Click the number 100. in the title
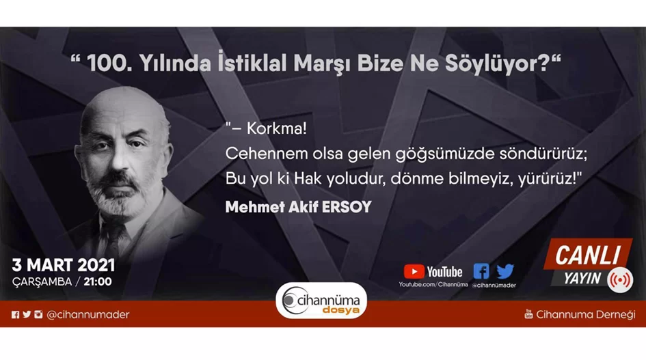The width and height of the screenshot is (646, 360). pos(109,64)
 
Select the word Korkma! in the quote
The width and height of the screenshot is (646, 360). pos(276,128)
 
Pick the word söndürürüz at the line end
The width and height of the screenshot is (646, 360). pos(543,154)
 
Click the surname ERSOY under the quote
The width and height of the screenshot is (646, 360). pos(347,207)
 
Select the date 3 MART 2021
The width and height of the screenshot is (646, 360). pos(64,266)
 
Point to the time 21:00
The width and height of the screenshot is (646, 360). pos(98,281)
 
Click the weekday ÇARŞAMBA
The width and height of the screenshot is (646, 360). pos(42,282)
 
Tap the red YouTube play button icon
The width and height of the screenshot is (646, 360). pos(414,272)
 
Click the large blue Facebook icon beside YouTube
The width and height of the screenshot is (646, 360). pos(481,271)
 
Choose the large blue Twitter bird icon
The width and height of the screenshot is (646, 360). pos(505,271)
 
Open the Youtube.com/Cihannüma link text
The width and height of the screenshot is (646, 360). pos(433,285)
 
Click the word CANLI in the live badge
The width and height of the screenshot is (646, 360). pos(587,255)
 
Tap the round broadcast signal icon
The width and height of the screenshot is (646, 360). pos(620,280)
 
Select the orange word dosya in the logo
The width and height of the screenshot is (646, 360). pos(340,310)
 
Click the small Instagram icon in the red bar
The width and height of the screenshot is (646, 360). pos(38,314)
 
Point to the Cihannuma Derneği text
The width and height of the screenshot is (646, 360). pos(585,315)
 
